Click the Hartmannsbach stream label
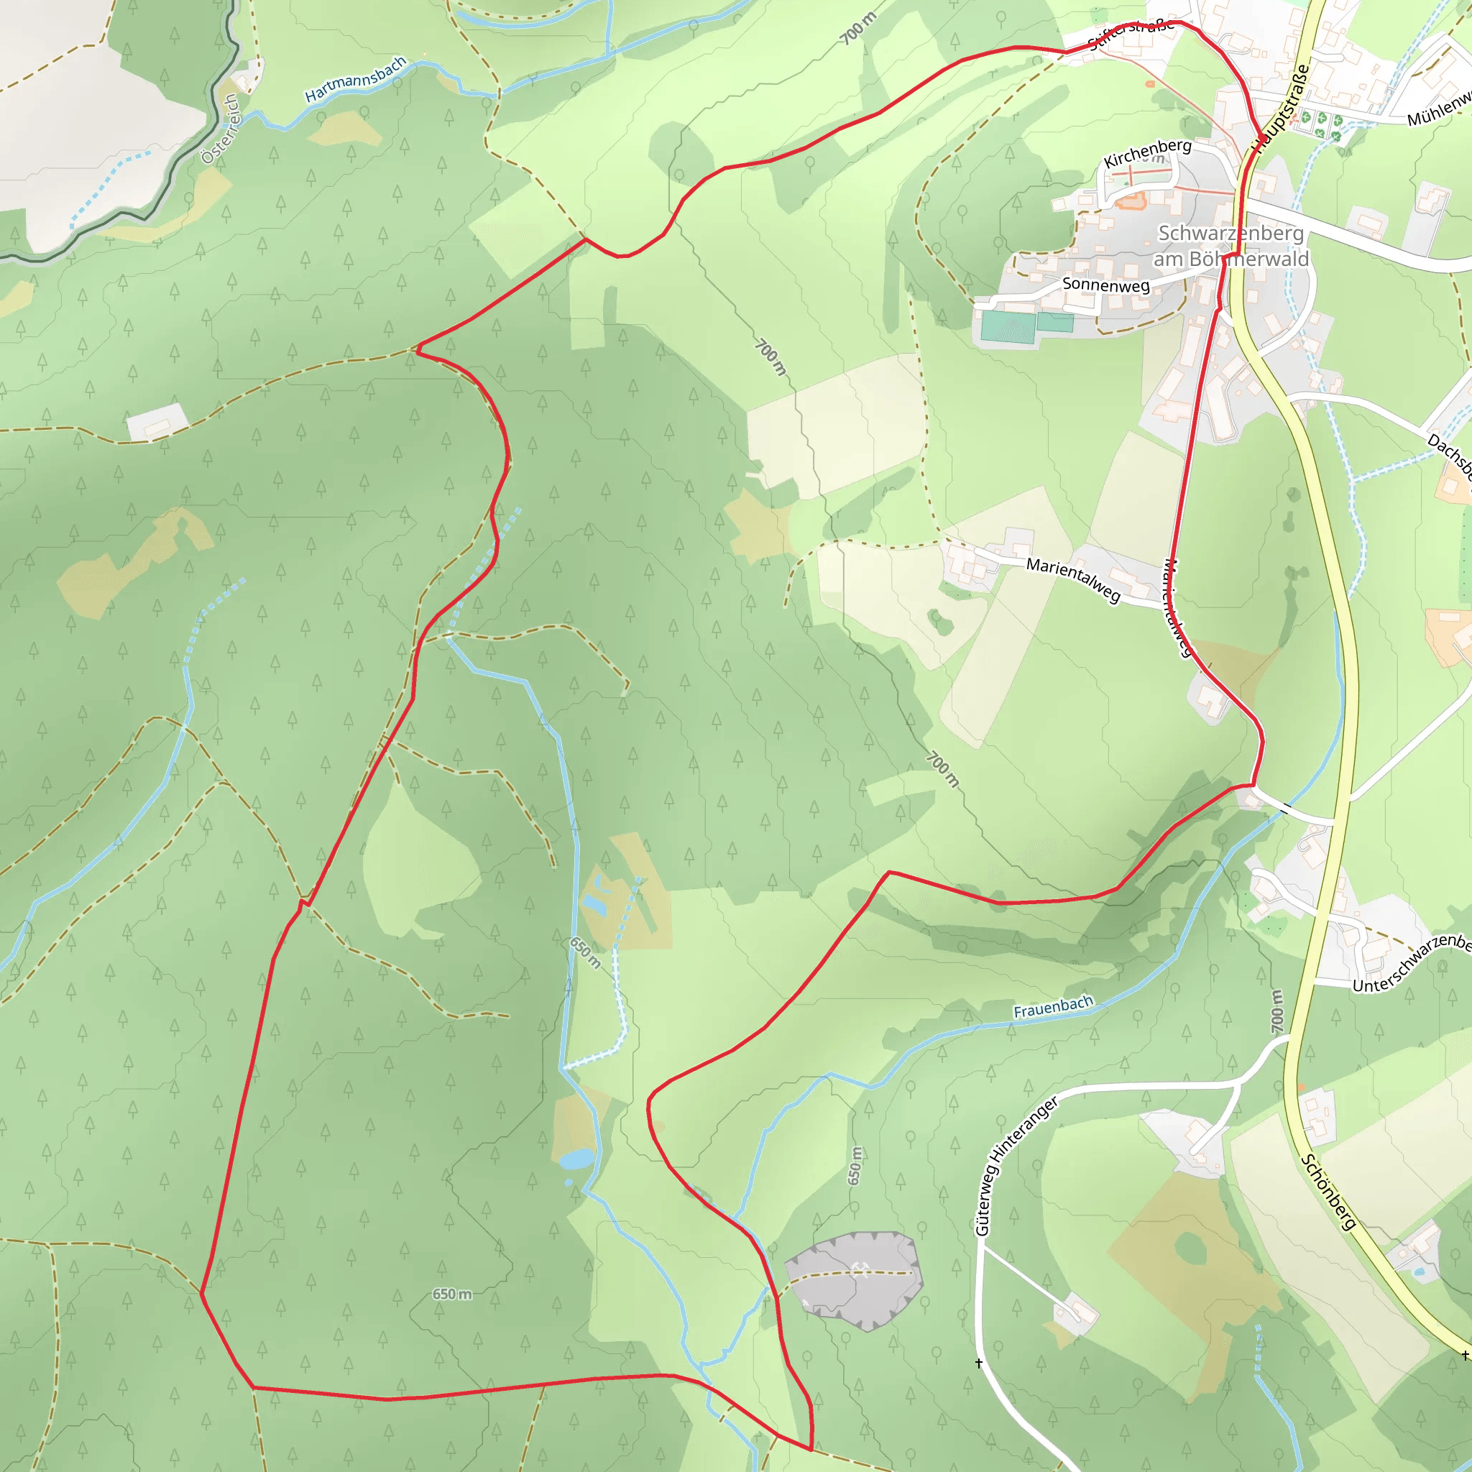tap(355, 79)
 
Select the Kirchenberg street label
tap(1147, 152)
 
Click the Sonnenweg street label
tap(1105, 285)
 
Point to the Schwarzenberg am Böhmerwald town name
tap(1230, 245)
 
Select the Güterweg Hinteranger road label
tap(1016, 1166)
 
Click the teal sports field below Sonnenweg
tap(1008, 326)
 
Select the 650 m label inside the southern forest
tap(452, 1294)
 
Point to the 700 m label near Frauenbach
tap(1277, 1011)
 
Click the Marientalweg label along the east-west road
tap(1074, 579)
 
